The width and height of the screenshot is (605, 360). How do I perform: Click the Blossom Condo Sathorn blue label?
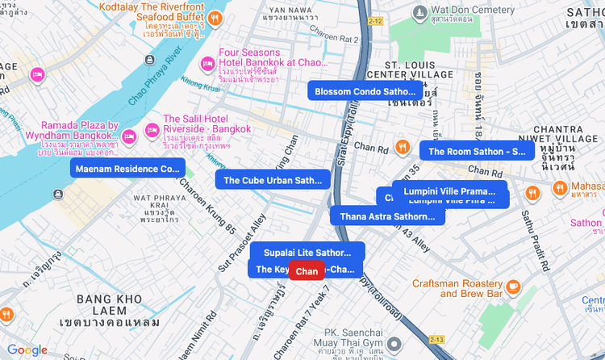coord(365,91)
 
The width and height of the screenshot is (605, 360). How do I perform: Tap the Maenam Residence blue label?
coord(128,169)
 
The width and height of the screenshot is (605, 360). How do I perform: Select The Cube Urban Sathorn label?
coord(273,180)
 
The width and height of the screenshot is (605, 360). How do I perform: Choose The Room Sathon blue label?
coord(477,151)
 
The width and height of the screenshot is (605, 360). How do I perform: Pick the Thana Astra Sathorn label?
coord(387,216)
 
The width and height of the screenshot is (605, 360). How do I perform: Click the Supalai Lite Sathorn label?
coord(307,253)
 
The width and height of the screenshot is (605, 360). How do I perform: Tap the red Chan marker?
coord(307,271)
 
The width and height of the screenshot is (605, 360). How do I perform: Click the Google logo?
coord(27,350)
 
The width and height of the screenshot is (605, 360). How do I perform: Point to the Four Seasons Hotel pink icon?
coord(207,62)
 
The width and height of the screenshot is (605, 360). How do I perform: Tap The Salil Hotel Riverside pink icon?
coord(152,130)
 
